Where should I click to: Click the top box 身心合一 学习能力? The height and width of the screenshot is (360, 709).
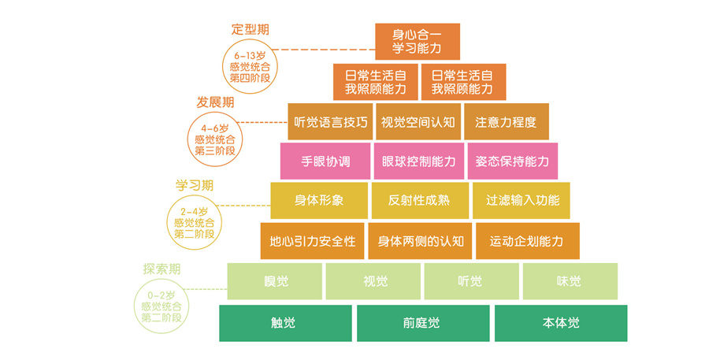pyautogui.click(x=417, y=42)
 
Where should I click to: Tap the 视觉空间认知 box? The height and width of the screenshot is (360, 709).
pyautogui.click(x=418, y=122)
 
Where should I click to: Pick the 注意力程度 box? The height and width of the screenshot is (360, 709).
pyautogui.click(x=506, y=122)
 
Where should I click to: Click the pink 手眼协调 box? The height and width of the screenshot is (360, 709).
pyautogui.click(x=325, y=161)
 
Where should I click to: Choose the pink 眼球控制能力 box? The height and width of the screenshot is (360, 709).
pyautogui.click(x=418, y=161)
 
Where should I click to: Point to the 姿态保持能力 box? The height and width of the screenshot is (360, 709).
pyautogui.click(x=512, y=161)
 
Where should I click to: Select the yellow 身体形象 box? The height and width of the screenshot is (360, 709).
pyautogui.click(x=318, y=200)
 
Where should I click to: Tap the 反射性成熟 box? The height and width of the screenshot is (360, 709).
pyautogui.click(x=418, y=200)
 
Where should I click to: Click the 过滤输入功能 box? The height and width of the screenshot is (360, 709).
pyautogui.click(x=521, y=200)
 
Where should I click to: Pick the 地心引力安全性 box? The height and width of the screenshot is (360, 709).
pyautogui.click(x=312, y=241)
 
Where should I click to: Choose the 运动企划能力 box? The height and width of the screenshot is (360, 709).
pyautogui.click(x=527, y=241)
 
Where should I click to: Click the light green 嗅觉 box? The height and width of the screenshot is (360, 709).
pyautogui.click(x=275, y=281)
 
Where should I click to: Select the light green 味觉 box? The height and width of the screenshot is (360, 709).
pyautogui.click(x=570, y=281)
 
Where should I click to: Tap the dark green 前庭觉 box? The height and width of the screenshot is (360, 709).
pyautogui.click(x=422, y=323)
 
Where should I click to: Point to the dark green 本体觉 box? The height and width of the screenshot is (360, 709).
pyautogui.click(x=561, y=323)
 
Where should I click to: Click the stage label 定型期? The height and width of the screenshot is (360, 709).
pyautogui.click(x=250, y=29)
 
